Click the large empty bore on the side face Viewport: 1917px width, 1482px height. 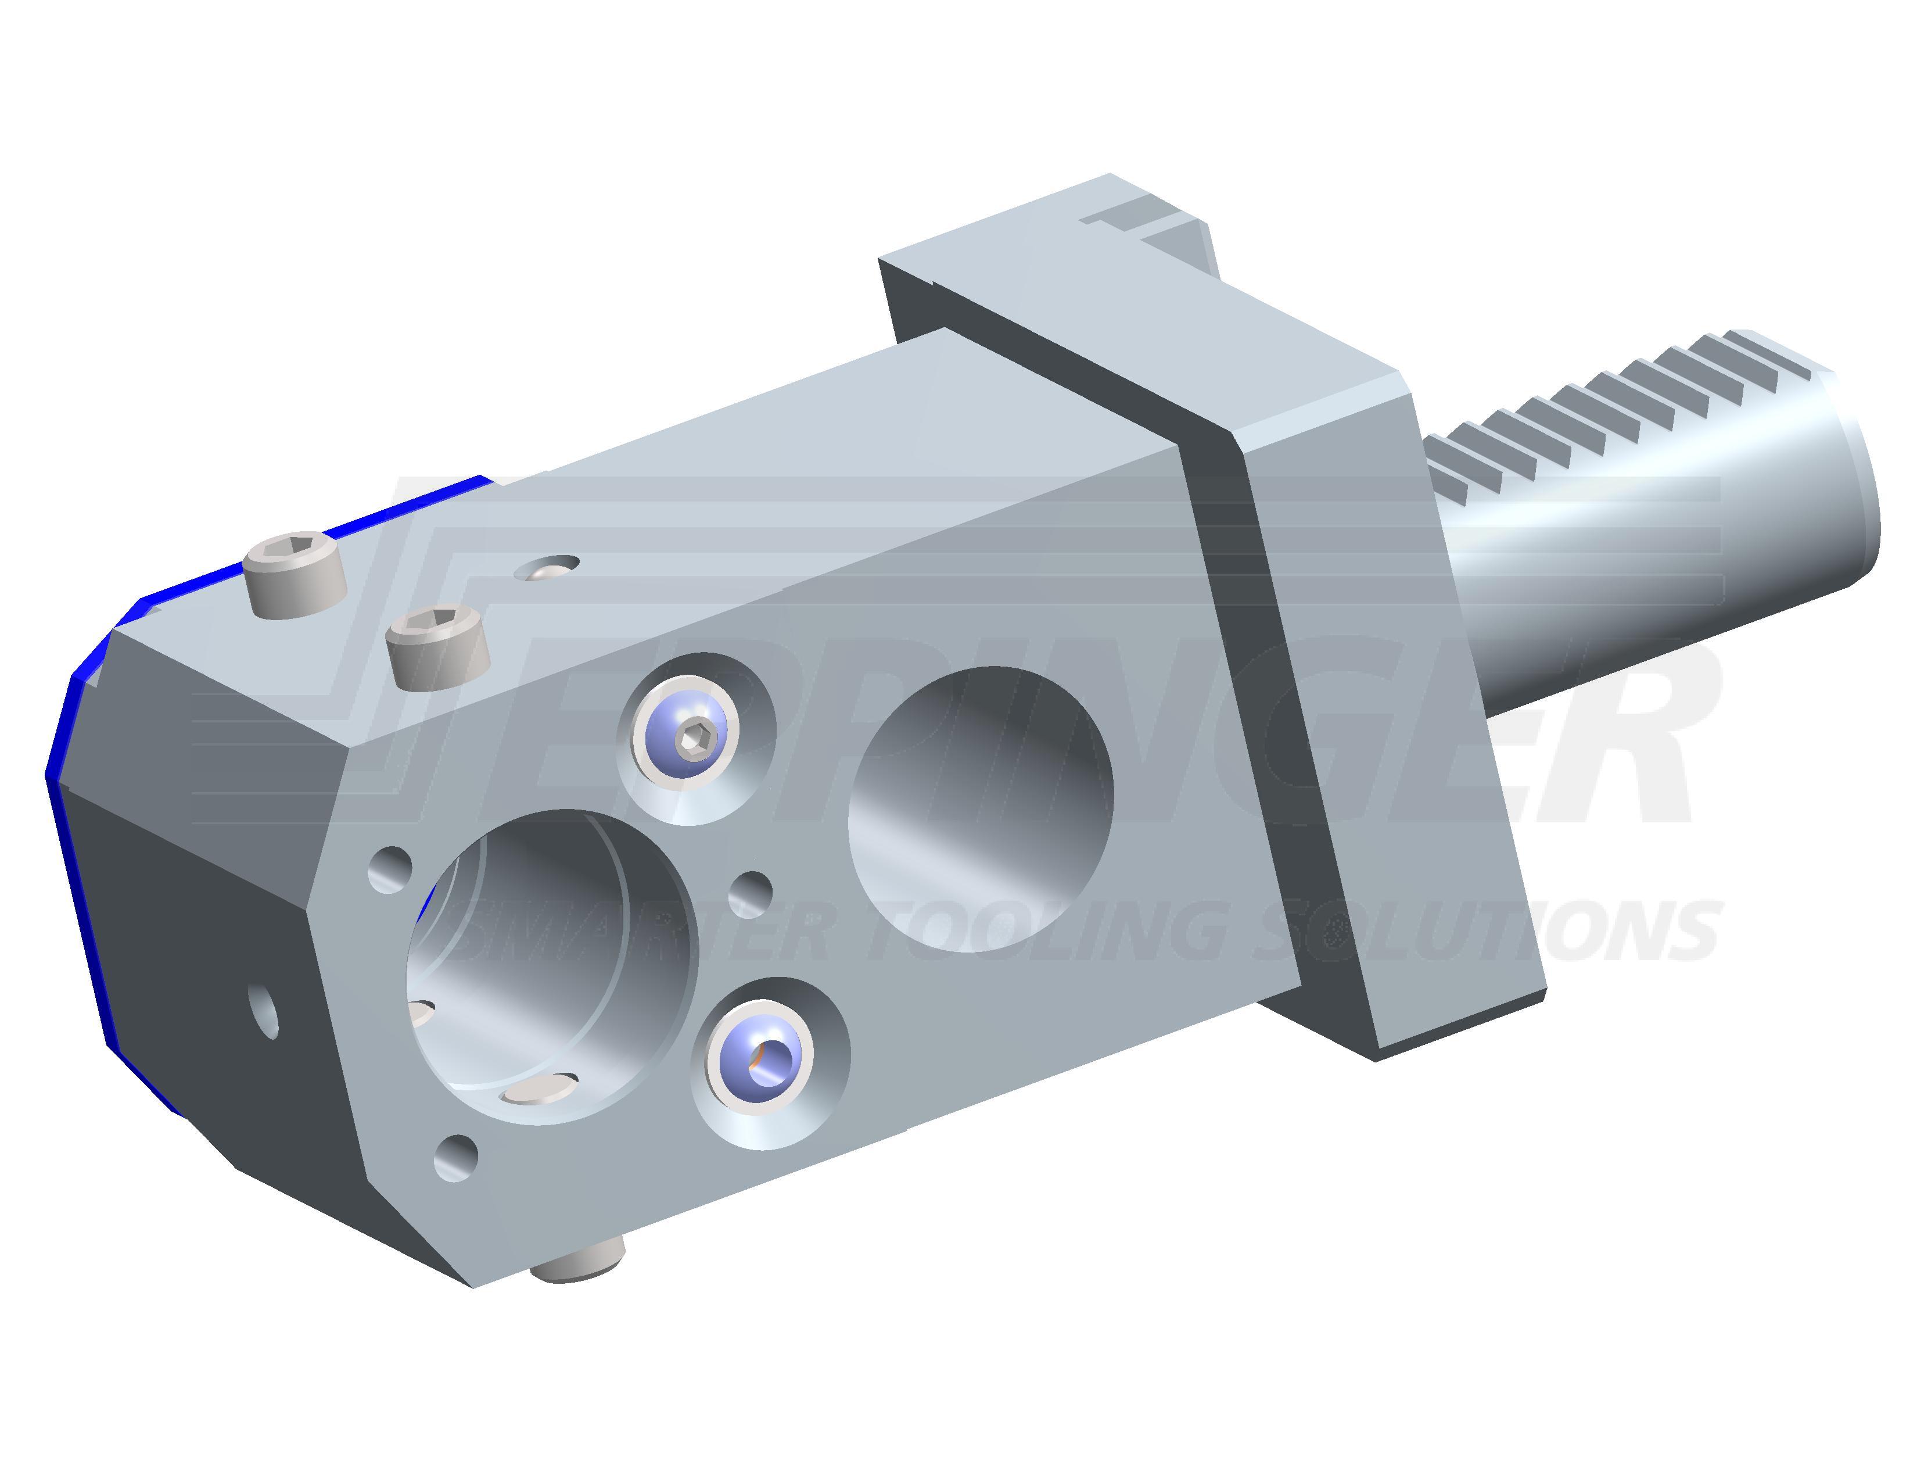tap(981, 808)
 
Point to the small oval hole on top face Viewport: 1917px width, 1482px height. tap(548, 566)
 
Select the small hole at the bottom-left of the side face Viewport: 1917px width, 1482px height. tap(457, 1157)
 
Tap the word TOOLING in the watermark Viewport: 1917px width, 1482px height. tap(1053, 930)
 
